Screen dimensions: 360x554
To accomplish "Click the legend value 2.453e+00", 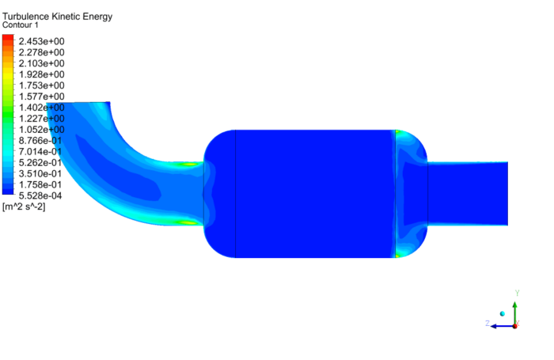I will pyautogui.click(x=41, y=41).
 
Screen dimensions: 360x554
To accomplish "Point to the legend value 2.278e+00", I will pyautogui.click(x=41, y=52).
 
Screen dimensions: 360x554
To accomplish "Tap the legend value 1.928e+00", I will pyautogui.click(x=41, y=74).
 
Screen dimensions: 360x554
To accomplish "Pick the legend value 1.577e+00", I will pyautogui.click(x=41, y=97).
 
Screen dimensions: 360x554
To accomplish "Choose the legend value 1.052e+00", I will pyautogui.click(x=41, y=129).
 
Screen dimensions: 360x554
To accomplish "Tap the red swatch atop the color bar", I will pyautogui.click(x=8, y=39).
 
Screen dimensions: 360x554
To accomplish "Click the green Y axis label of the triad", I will pyautogui.click(x=516, y=294).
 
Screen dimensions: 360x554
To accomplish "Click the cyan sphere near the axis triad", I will pyautogui.click(x=502, y=314).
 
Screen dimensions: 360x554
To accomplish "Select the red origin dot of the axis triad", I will pyautogui.click(x=515, y=325).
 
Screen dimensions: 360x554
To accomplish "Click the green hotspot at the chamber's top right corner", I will pyautogui.click(x=400, y=133).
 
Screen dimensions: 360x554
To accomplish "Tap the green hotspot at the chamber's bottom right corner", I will pyautogui.click(x=400, y=255).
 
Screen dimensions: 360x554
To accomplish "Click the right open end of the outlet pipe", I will pyautogui.click(x=506, y=194).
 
